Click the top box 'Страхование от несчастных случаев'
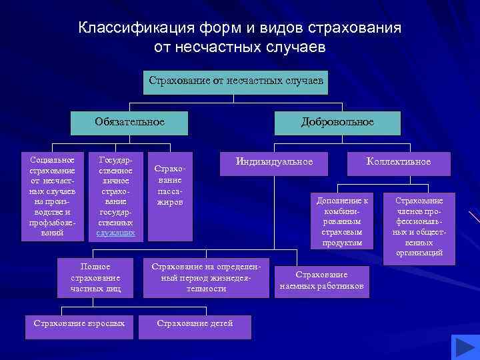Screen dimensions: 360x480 [x=236, y=81]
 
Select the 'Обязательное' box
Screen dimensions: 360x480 [x=129, y=123]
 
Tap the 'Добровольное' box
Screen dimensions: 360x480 [x=337, y=123]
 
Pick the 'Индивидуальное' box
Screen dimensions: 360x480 [x=274, y=162]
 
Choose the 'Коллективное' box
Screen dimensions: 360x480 [x=399, y=162]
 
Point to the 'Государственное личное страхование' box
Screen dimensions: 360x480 [x=115, y=196]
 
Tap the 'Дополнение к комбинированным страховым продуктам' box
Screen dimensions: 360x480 [x=343, y=222]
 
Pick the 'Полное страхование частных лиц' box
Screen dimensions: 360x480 [x=95, y=277]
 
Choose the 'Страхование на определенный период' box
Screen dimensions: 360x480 [x=209, y=277]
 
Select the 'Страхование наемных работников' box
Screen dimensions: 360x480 [x=322, y=280]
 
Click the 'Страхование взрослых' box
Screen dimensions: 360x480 [x=79, y=323]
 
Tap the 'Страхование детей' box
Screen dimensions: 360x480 [x=195, y=323]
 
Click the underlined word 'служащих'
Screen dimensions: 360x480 [x=115, y=233]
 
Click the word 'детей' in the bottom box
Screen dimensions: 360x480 [x=220, y=323]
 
